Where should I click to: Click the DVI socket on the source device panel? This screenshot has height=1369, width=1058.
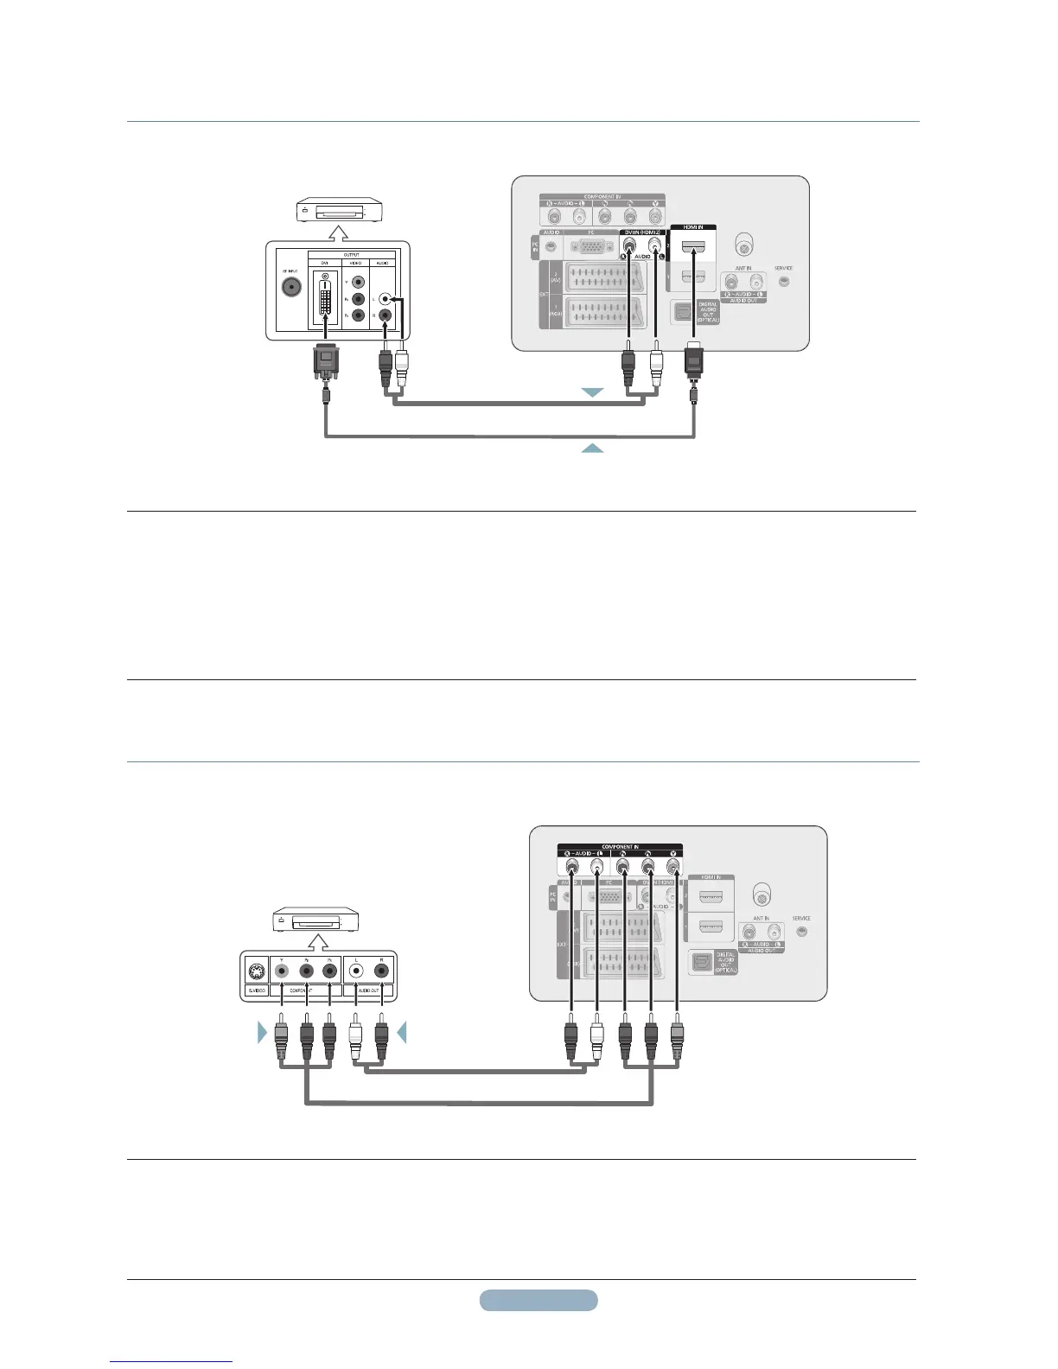325,299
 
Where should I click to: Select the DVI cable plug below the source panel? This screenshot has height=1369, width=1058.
326,362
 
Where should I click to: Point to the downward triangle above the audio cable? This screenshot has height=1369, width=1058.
592,392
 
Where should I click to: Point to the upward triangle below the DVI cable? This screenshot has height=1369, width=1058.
592,448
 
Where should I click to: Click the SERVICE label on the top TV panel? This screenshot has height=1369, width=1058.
783,268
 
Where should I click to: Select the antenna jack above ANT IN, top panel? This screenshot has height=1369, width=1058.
742,244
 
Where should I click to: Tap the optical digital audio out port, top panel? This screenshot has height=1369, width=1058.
683,311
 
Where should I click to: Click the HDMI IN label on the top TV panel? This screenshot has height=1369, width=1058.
693,227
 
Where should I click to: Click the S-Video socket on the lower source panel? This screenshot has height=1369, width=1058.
256,970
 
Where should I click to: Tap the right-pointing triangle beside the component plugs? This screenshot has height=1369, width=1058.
263,1032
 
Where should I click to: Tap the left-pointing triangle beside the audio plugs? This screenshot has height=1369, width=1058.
401,1032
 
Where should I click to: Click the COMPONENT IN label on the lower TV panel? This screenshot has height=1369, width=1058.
620,847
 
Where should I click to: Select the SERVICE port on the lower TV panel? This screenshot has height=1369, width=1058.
801,932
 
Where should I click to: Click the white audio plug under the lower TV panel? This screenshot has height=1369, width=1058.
596,1041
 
